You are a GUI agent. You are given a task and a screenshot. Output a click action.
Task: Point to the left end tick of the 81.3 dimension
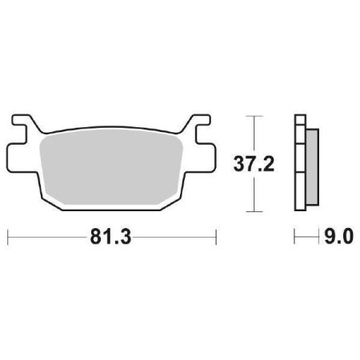pyautogui.click(x=8, y=238)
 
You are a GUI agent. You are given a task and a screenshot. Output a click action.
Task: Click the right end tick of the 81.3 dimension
pyautogui.click(x=216, y=238)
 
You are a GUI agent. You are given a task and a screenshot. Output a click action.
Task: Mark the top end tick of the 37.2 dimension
pyautogui.click(x=254, y=117)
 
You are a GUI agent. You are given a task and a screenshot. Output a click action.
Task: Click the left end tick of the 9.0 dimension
pyautogui.click(x=295, y=238)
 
